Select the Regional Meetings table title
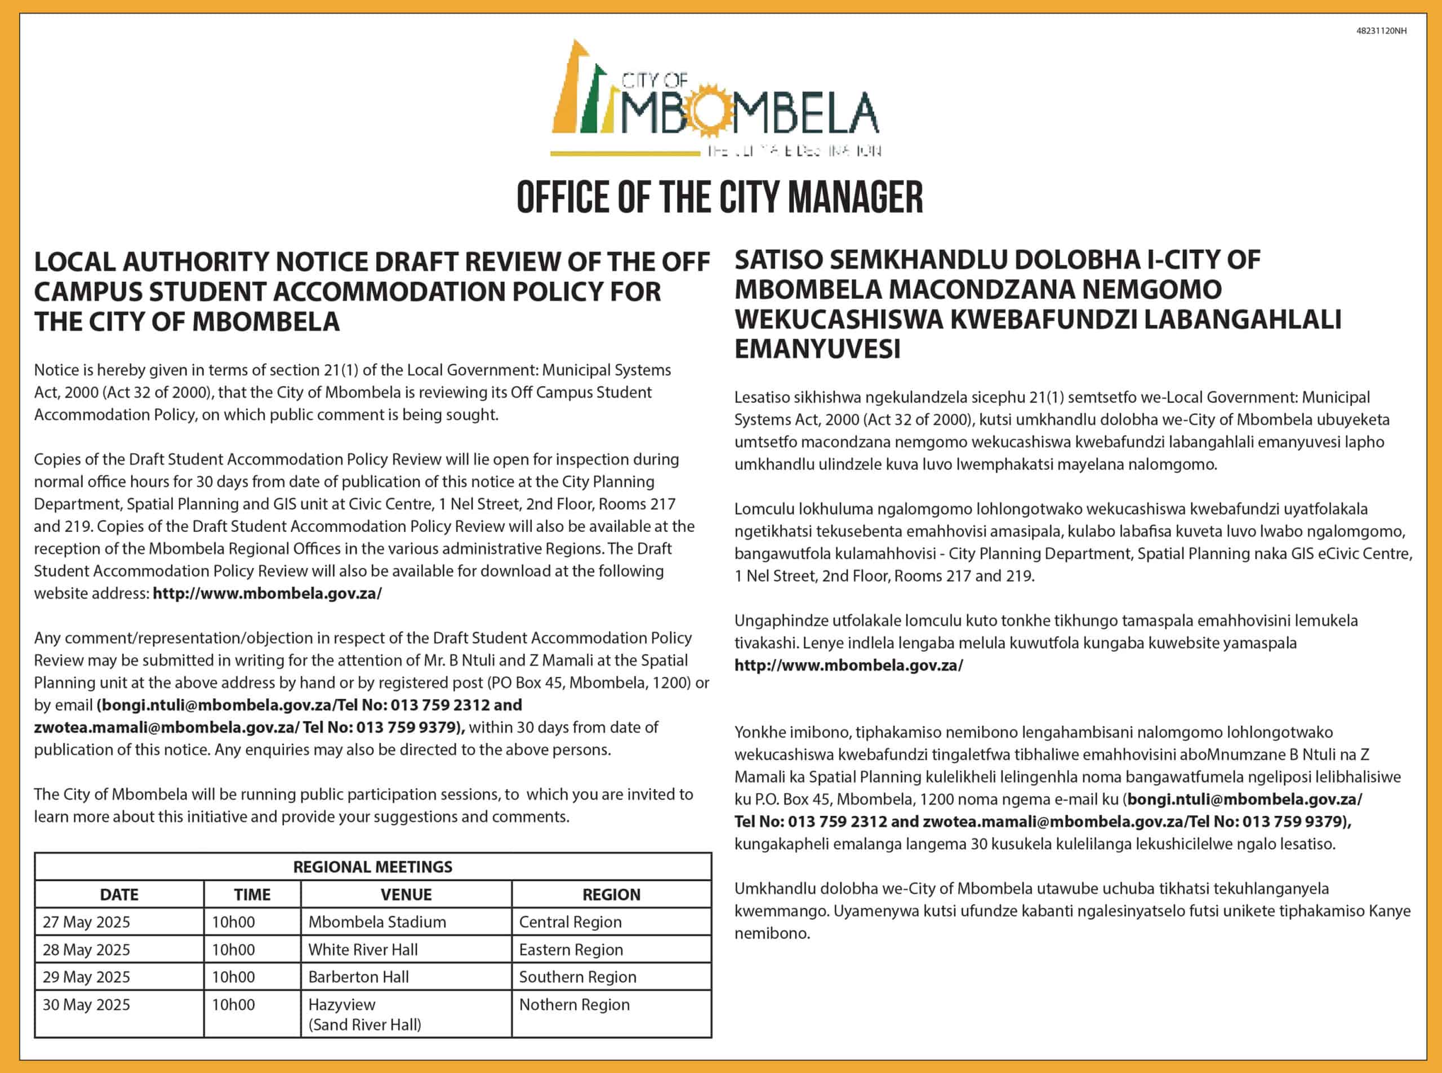click(373, 866)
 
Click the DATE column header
click(119, 894)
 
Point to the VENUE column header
click(406, 894)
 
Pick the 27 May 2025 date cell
click(86, 921)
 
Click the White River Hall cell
click(363, 950)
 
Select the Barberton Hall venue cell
click(358, 977)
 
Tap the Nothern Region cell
click(574, 1005)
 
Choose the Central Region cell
click(570, 921)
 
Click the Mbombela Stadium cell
click(377, 921)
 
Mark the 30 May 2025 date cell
click(86, 1005)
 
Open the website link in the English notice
click(267, 593)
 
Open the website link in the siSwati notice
click(848, 665)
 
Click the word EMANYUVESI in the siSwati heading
click(817, 349)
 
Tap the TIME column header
click(252, 894)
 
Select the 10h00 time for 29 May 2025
click(233, 977)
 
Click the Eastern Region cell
click(571, 950)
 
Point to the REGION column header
click(611, 894)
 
